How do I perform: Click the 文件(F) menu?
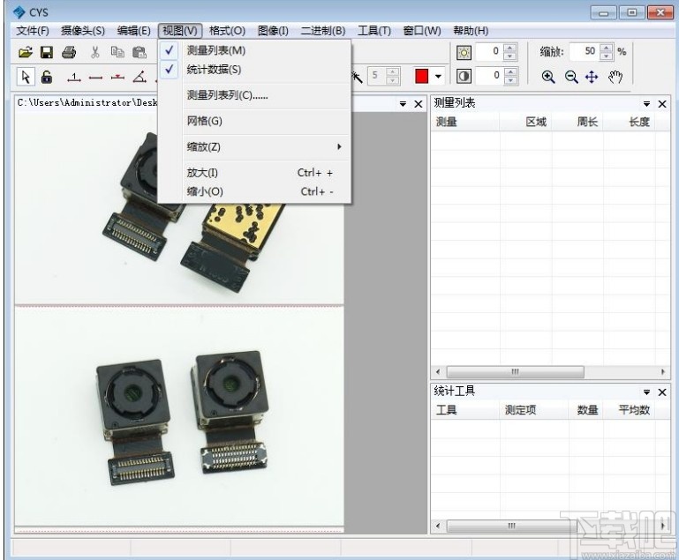click(x=33, y=31)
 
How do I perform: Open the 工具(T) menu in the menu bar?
click(x=374, y=31)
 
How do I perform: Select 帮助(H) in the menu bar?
click(x=471, y=31)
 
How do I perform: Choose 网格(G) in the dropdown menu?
click(x=204, y=121)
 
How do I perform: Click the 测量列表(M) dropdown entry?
click(x=216, y=50)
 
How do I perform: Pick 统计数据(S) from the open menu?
click(x=214, y=70)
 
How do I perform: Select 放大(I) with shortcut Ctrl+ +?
click(x=202, y=173)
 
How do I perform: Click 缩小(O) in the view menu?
click(x=205, y=191)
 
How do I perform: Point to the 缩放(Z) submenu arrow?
click(x=339, y=146)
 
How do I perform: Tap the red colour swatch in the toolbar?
click(x=422, y=76)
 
